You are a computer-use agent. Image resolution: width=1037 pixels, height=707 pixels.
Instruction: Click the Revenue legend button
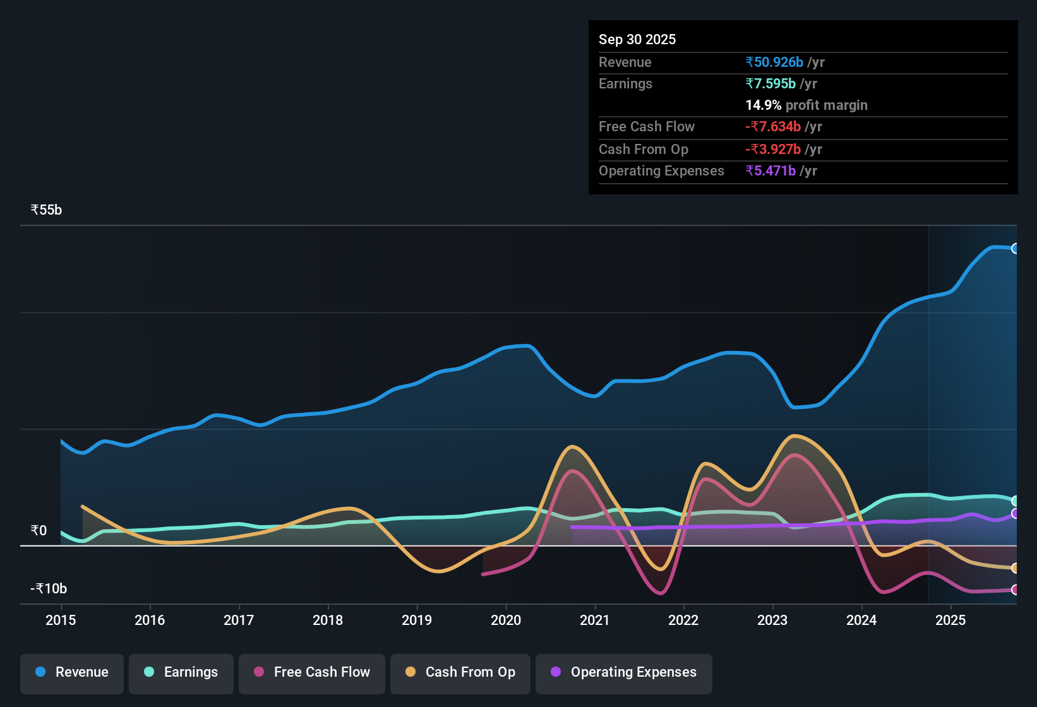[72, 672]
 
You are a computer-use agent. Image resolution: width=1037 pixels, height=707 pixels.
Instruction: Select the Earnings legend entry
[181, 672]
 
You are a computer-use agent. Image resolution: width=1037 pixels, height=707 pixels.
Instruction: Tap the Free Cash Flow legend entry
[312, 672]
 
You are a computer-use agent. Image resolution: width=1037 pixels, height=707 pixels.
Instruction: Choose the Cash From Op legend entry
[460, 672]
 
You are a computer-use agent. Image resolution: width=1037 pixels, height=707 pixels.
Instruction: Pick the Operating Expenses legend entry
[624, 672]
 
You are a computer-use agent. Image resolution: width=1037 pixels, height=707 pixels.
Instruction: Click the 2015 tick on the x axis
[61, 620]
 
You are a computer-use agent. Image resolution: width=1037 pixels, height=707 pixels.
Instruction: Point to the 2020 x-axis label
[506, 620]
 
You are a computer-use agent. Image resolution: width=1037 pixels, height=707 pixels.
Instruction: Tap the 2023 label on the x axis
[772, 620]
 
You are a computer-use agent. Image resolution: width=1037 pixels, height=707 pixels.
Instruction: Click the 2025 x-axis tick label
[950, 620]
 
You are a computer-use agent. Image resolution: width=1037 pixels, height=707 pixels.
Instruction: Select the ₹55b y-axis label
[46, 210]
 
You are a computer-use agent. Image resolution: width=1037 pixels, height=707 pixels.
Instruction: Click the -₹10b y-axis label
[49, 589]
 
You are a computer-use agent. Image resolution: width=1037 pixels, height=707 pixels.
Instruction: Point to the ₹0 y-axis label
[39, 530]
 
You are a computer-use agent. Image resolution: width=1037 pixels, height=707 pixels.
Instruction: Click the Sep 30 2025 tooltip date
[637, 39]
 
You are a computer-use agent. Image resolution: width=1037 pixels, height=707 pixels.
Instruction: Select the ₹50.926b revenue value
[774, 62]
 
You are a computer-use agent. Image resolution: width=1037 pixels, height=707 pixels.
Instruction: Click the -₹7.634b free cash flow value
[773, 126]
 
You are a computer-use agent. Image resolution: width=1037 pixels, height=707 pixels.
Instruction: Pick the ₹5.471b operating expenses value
[770, 170]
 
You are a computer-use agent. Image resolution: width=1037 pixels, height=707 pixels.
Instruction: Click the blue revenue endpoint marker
[1015, 249]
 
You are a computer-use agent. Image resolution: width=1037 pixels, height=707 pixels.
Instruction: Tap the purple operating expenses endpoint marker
[1015, 514]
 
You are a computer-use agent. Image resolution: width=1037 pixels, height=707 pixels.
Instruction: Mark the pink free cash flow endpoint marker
[1015, 590]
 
